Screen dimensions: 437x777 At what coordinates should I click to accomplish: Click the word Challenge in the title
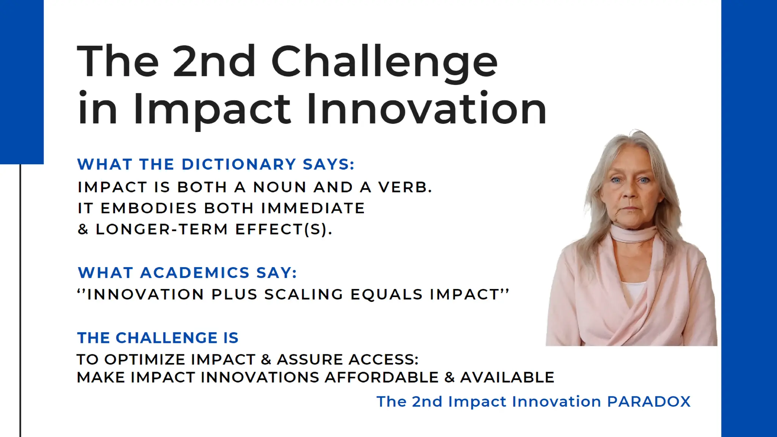click(384, 62)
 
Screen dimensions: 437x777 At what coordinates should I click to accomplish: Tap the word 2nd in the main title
click(214, 62)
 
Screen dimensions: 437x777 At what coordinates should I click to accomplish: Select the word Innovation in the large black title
click(426, 109)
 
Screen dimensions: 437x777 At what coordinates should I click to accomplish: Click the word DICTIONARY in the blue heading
click(239, 164)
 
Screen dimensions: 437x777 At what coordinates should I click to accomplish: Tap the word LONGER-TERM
click(162, 229)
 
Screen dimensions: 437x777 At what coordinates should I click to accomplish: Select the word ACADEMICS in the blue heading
click(195, 273)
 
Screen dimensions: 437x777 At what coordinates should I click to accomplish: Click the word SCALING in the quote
click(304, 294)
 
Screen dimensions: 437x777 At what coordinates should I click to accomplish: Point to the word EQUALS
click(386, 294)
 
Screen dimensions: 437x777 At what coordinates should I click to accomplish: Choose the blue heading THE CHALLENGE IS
click(158, 338)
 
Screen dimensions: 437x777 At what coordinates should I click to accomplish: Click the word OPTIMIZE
click(142, 359)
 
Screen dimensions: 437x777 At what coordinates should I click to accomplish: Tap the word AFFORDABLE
click(382, 377)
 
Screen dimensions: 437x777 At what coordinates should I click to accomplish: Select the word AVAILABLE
click(507, 377)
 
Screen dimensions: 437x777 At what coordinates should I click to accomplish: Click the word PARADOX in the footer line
click(649, 401)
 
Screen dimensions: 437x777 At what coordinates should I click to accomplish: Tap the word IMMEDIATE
click(313, 208)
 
